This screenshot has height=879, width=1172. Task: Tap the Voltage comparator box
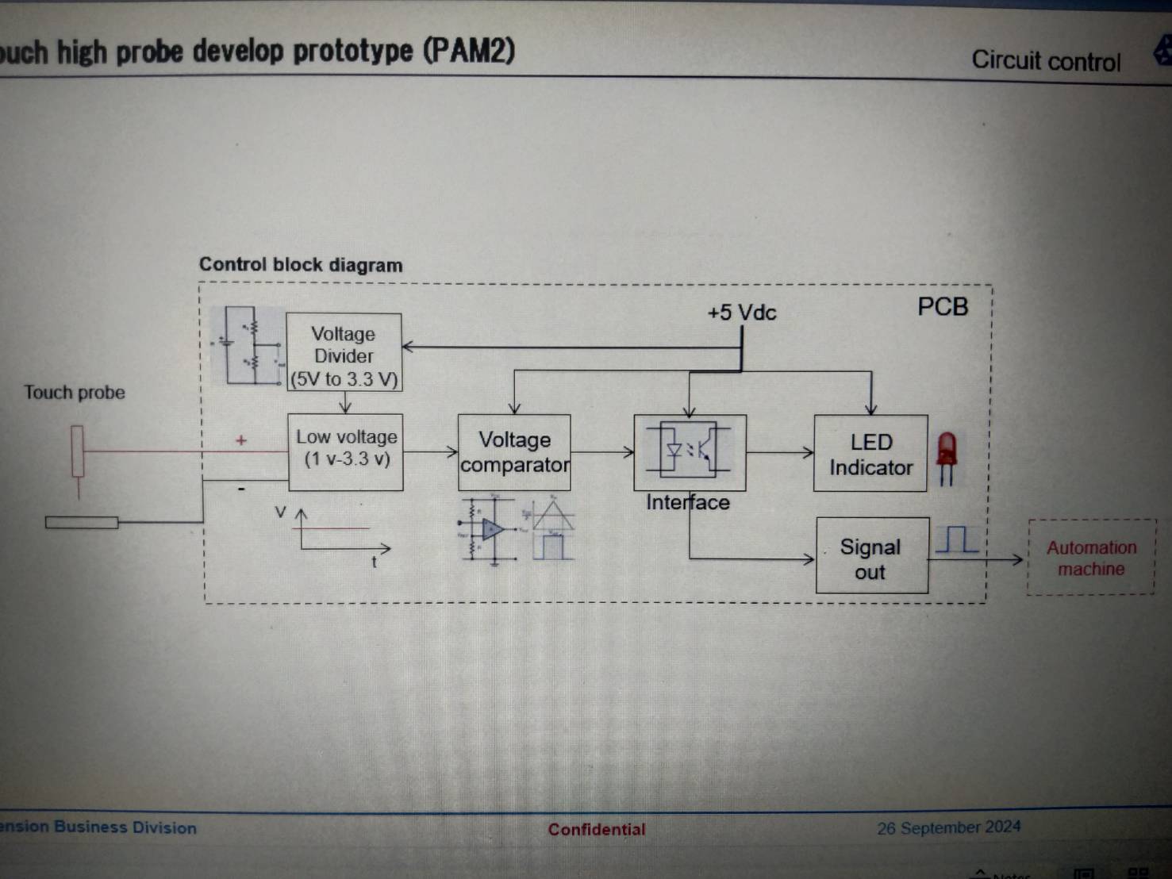click(x=514, y=452)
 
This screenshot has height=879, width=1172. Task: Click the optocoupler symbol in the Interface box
click(x=689, y=450)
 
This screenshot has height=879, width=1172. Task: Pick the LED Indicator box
click(x=870, y=453)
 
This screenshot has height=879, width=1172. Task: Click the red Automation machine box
click(x=1091, y=558)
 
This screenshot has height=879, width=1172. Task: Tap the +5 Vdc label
click(x=741, y=313)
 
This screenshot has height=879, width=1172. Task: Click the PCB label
click(x=943, y=307)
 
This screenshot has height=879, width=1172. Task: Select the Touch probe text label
click(x=75, y=393)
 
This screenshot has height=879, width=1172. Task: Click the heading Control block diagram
click(x=301, y=265)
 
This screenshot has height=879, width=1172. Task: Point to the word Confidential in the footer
click(x=597, y=830)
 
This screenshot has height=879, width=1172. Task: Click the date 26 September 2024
click(x=948, y=828)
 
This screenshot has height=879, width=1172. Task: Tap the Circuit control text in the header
click(x=1046, y=61)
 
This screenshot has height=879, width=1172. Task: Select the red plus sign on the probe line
click(x=241, y=439)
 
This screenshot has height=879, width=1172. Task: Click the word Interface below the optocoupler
click(x=687, y=502)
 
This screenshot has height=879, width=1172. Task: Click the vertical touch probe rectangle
click(x=77, y=451)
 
